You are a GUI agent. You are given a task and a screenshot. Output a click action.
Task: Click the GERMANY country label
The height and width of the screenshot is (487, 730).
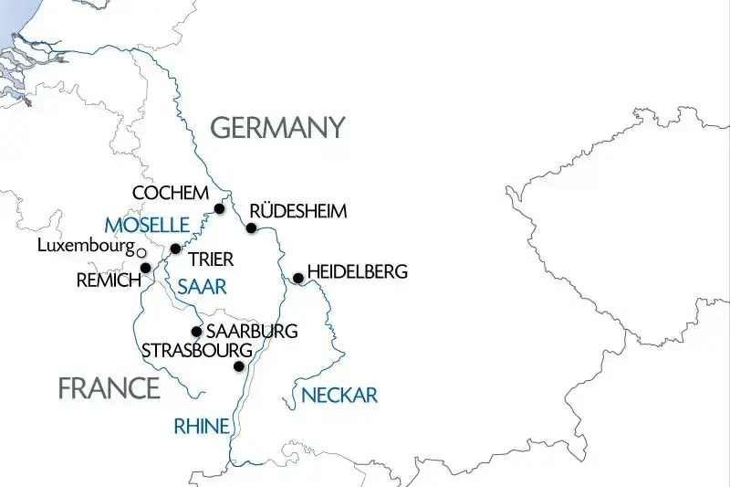pos(278,128)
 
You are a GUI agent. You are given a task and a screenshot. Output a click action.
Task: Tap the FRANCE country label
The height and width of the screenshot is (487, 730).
pos(109,388)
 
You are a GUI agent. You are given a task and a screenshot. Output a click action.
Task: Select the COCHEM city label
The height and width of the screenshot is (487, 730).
pos(171,194)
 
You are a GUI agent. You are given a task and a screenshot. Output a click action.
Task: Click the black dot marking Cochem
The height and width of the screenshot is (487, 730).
pos(219,209)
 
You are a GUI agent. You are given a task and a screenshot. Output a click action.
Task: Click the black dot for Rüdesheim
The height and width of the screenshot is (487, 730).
pos(251,228)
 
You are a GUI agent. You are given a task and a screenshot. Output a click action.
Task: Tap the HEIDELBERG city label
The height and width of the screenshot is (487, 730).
pos(358,272)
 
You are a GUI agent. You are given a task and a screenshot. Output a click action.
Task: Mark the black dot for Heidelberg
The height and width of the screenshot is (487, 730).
pos(297,278)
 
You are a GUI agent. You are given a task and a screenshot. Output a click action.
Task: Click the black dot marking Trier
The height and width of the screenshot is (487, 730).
pos(175,249)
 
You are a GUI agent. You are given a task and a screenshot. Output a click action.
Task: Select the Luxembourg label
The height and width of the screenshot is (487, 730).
pos(86,246)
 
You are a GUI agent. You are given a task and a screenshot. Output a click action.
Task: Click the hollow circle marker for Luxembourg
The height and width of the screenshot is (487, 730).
pos(141,251)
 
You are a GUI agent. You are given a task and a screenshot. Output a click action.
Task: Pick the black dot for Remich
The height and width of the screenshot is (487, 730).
pos(145,268)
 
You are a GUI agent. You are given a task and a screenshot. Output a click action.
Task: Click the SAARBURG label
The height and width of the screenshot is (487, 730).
pos(252,331)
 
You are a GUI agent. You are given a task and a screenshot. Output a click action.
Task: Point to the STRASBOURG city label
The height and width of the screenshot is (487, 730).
pos(196,350)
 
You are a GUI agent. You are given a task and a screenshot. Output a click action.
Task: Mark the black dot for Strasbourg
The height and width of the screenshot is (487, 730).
pos(239,366)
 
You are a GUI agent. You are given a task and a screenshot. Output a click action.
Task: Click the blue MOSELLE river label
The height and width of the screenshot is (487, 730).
pos(146,225)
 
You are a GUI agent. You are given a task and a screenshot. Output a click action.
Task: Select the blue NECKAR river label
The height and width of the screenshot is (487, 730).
pos(339,396)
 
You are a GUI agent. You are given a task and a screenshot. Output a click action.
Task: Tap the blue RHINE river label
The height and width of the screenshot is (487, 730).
pos(201,425)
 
